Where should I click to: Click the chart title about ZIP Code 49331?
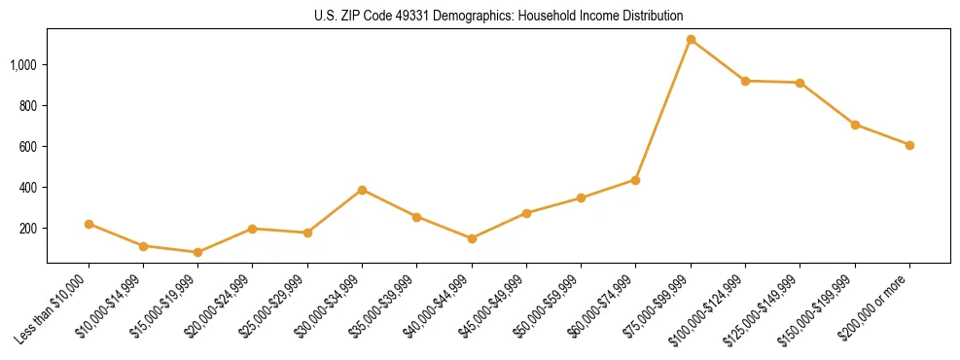coord(480,16)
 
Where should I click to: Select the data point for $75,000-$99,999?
coord(691,40)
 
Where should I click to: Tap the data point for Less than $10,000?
coord(89,224)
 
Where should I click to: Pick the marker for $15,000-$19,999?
coord(197,252)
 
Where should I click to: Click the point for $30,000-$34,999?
coord(362,190)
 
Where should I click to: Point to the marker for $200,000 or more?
coord(909,145)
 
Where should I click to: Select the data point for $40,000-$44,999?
coord(472,238)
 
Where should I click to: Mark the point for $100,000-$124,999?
coord(745,81)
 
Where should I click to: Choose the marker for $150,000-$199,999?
coord(855,125)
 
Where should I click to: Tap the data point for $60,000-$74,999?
coord(635,180)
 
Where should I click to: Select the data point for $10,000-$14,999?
coord(143,246)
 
